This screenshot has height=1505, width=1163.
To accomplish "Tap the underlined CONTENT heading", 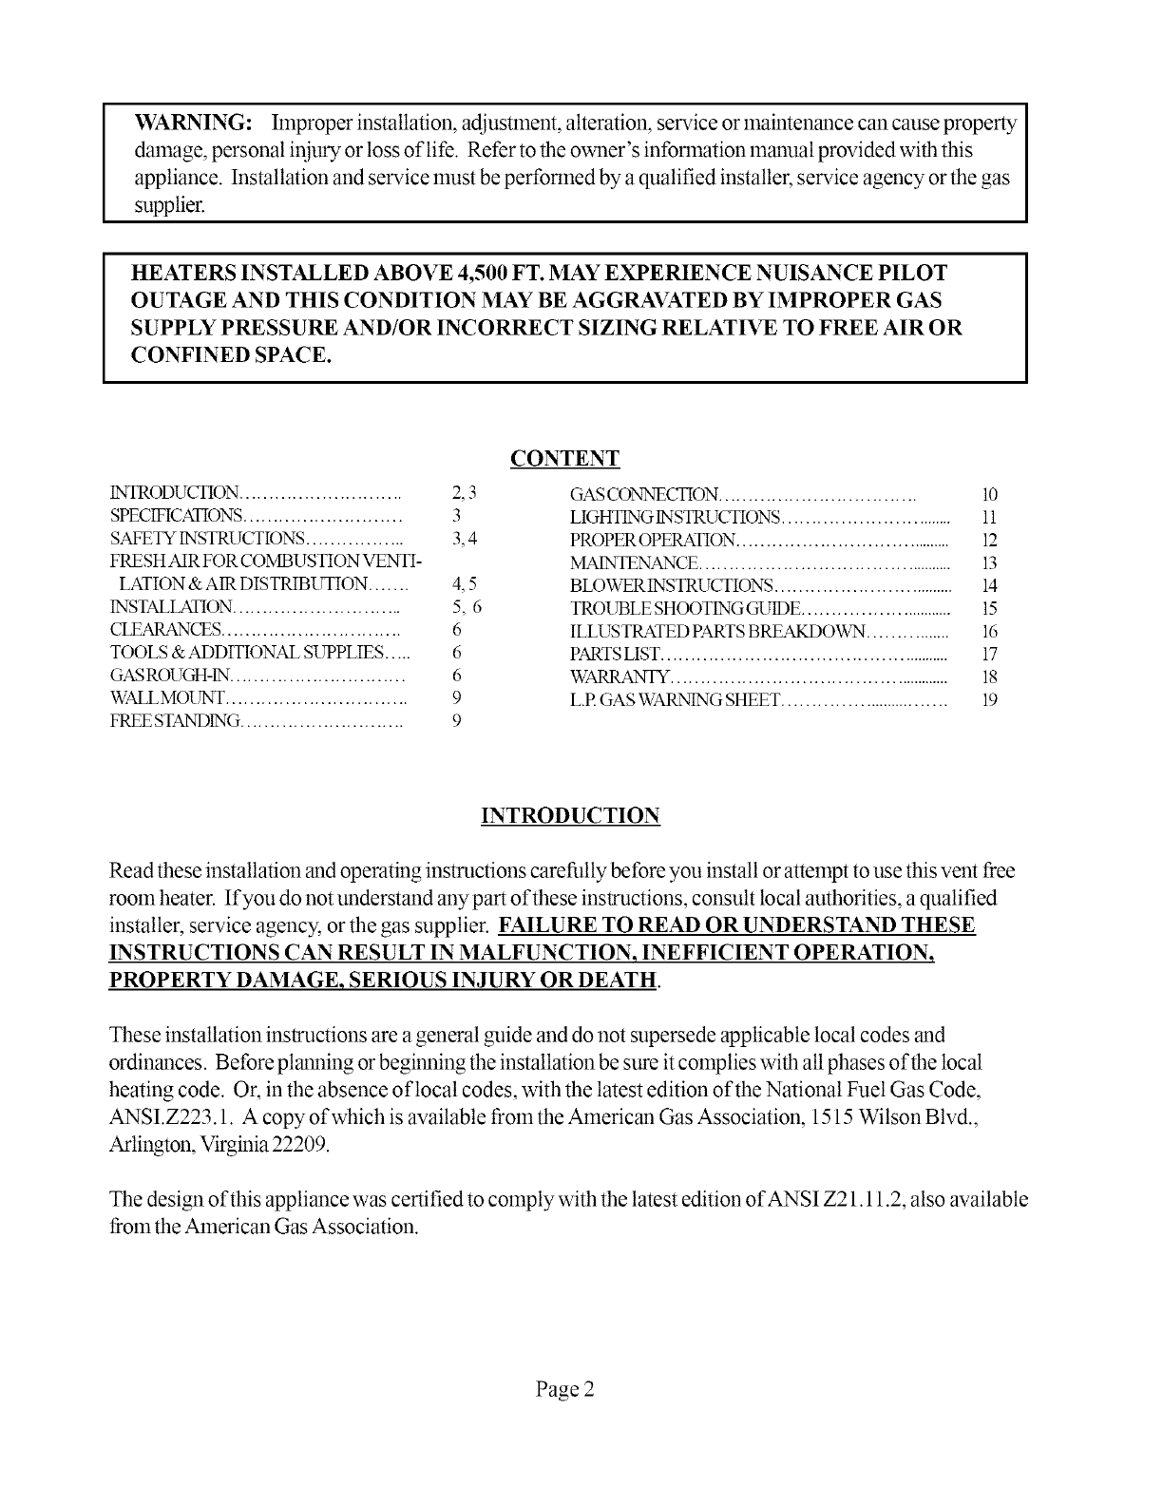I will (x=564, y=459).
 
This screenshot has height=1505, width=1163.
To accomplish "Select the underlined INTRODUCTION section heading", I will (x=570, y=816).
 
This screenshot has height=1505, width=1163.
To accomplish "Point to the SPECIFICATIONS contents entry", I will (x=177, y=516).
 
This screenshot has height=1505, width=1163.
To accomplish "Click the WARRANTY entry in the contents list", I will (x=620, y=677).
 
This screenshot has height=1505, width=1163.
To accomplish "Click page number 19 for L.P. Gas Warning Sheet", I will (x=989, y=700).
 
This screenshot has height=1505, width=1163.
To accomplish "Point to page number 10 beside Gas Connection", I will (x=989, y=494).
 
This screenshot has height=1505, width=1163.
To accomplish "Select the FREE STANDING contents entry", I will (x=175, y=722).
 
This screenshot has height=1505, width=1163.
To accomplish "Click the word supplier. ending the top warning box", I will (x=168, y=205).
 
